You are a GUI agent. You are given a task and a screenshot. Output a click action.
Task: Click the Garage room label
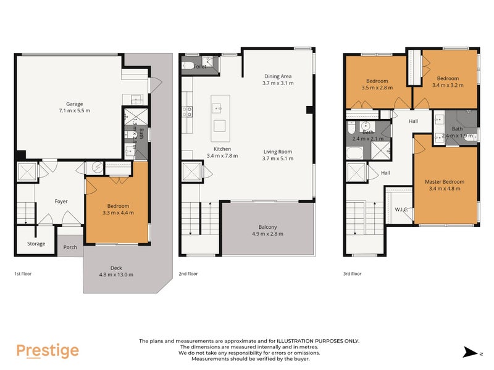click(74, 104)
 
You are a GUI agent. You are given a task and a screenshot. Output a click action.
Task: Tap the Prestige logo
click(48, 351)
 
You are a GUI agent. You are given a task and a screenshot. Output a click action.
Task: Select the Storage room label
click(36, 244)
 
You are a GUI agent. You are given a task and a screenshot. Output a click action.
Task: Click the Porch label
click(70, 248)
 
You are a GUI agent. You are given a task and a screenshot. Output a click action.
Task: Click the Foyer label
click(61, 201)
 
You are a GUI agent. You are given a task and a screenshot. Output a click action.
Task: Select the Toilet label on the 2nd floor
click(200, 65)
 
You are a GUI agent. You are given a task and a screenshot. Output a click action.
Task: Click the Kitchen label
click(222, 149)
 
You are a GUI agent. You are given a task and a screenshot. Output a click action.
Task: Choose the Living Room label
click(277, 152)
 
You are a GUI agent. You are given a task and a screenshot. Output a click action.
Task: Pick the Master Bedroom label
click(444, 182)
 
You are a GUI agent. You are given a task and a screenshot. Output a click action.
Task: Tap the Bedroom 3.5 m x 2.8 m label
click(377, 81)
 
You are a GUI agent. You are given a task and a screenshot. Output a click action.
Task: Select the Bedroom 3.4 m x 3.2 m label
click(448, 78)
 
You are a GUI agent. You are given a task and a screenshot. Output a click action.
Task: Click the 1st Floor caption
click(22, 273)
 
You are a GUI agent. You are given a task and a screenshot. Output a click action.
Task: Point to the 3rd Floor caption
click(352, 273)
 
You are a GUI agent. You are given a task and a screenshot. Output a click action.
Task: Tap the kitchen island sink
click(219, 108)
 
